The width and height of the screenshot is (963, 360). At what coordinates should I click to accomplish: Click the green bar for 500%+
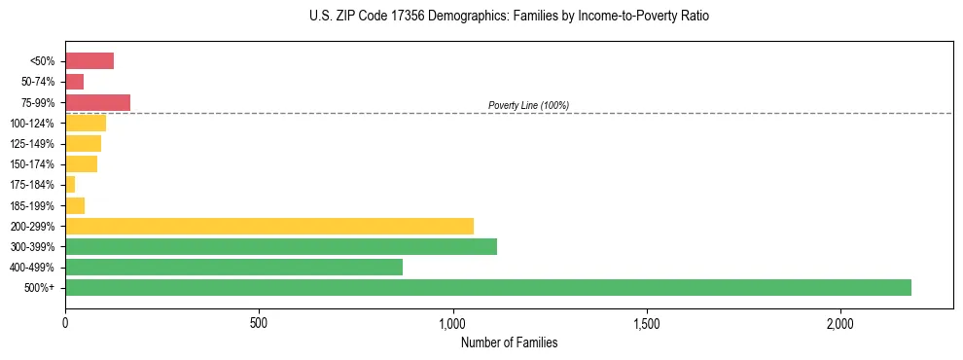click(487, 287)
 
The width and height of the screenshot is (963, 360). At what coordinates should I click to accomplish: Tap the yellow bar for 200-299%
click(268, 226)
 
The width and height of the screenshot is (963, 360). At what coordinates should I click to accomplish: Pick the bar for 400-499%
click(233, 267)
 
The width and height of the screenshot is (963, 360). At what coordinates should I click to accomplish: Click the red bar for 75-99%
click(97, 102)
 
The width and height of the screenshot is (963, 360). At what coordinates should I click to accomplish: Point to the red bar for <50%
click(89, 61)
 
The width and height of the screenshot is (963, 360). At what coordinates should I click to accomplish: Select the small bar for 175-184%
click(70, 184)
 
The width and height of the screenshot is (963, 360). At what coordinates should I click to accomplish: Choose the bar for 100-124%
click(86, 123)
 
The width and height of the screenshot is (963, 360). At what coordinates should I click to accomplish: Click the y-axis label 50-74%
click(39, 82)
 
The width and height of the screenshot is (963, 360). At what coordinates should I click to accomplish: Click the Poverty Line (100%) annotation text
click(528, 105)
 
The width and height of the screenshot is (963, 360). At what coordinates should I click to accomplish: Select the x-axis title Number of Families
click(509, 342)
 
